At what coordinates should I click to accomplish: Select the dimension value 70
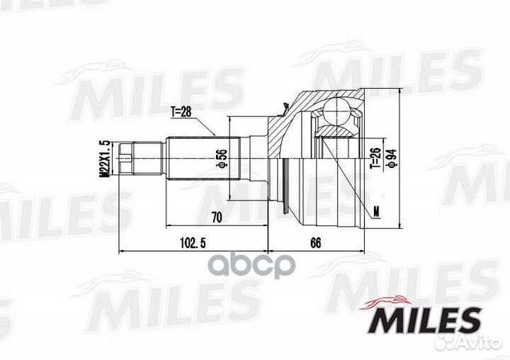(216, 218)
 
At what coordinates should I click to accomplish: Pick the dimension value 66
(315, 243)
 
